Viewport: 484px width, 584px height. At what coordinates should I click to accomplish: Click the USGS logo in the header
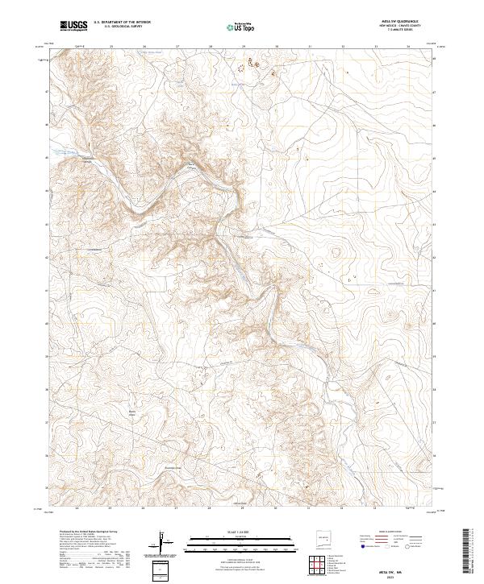tap(73, 26)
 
